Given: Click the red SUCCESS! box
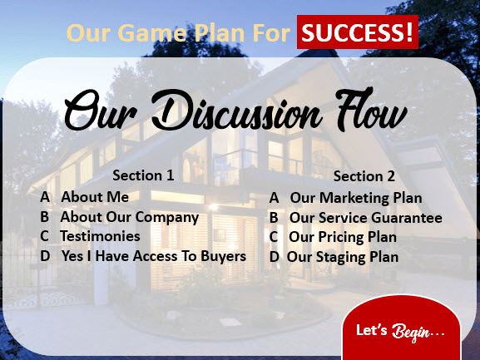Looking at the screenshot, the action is pos(357,32).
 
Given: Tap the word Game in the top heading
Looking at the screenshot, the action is pos(152,33).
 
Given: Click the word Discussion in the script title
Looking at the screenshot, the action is pos(236,111).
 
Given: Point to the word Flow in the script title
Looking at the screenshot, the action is pos(371,109).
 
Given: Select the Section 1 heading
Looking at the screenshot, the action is pos(143,175).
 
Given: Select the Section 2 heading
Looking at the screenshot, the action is pos(364,176).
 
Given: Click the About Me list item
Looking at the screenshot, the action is pos(95,197).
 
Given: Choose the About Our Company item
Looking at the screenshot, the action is pos(130,218).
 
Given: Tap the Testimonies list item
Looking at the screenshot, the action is pos(100,236).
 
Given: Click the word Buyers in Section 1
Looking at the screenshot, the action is pos(224,256).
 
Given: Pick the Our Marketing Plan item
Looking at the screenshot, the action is pos(356,198).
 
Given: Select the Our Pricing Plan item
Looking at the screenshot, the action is pos(343,237).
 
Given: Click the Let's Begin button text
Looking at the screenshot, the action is pos(400,331).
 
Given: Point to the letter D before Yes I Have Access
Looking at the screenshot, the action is pos(45,256).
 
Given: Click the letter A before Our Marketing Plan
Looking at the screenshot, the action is pos(274,198).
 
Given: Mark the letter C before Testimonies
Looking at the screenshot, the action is pos(44,236).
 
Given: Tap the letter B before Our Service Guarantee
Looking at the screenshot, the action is pos(274,218).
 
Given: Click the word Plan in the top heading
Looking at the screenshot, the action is pos(219,32).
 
